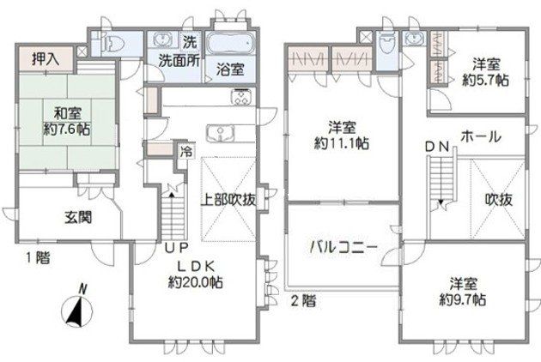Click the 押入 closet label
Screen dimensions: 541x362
46,60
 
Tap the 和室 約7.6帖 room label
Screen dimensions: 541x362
67,121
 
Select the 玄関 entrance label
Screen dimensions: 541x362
78,218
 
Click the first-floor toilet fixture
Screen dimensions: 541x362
113,45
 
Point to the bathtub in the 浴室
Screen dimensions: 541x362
230,44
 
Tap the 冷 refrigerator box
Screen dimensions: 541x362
186,151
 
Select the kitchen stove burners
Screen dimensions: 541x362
242,96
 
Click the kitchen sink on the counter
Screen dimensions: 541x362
221,133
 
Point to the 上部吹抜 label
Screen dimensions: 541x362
228,200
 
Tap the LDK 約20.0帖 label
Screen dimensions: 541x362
196,275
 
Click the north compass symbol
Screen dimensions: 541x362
77,309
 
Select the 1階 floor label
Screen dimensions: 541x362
39,257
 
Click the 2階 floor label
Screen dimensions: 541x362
303,301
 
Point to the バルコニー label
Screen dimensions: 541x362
343,247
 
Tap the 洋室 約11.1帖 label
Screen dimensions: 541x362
342,136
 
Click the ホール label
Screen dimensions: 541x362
481,137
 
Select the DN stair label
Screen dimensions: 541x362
437,148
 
